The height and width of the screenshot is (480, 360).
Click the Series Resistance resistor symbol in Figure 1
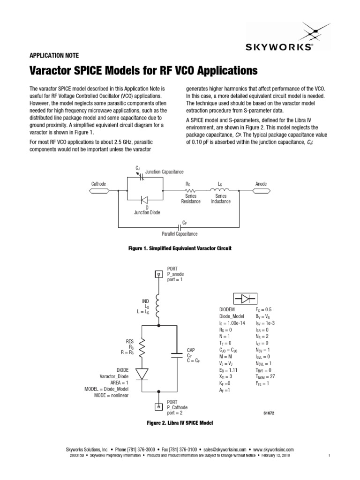click(x=190, y=191)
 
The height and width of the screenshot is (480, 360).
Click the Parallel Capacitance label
click(x=180, y=233)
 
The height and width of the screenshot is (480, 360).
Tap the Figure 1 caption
click(x=180, y=248)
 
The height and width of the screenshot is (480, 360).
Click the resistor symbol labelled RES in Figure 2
click(x=142, y=347)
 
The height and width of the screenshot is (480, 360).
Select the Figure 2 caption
click(x=180, y=423)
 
